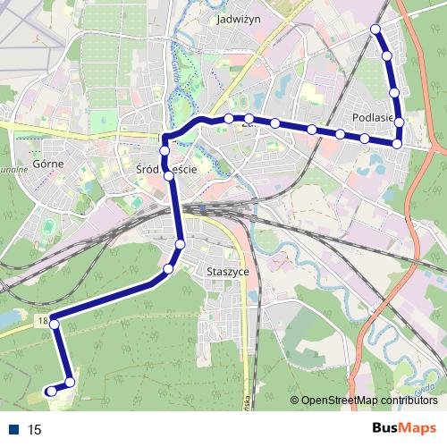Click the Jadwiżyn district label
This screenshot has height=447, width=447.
(x=238, y=17)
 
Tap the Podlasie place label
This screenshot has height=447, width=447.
(x=374, y=116)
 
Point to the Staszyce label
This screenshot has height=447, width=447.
(x=226, y=271)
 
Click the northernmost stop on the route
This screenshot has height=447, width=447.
(x=375, y=30)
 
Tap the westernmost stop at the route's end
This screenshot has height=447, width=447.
(x=51, y=391)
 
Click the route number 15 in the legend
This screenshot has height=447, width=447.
(x=35, y=430)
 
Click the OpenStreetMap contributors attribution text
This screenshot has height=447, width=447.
(x=369, y=400)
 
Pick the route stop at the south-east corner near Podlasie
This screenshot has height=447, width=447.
(x=397, y=142)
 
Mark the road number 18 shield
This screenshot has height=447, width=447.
(x=43, y=319)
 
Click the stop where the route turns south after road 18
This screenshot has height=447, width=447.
(x=54, y=324)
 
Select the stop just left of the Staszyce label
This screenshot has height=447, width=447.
(x=168, y=268)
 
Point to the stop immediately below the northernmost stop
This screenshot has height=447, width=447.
(x=387, y=55)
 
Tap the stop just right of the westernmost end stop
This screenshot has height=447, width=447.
(x=70, y=384)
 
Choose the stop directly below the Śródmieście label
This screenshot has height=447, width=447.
(x=169, y=176)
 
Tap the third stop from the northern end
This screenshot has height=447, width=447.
(x=394, y=92)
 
